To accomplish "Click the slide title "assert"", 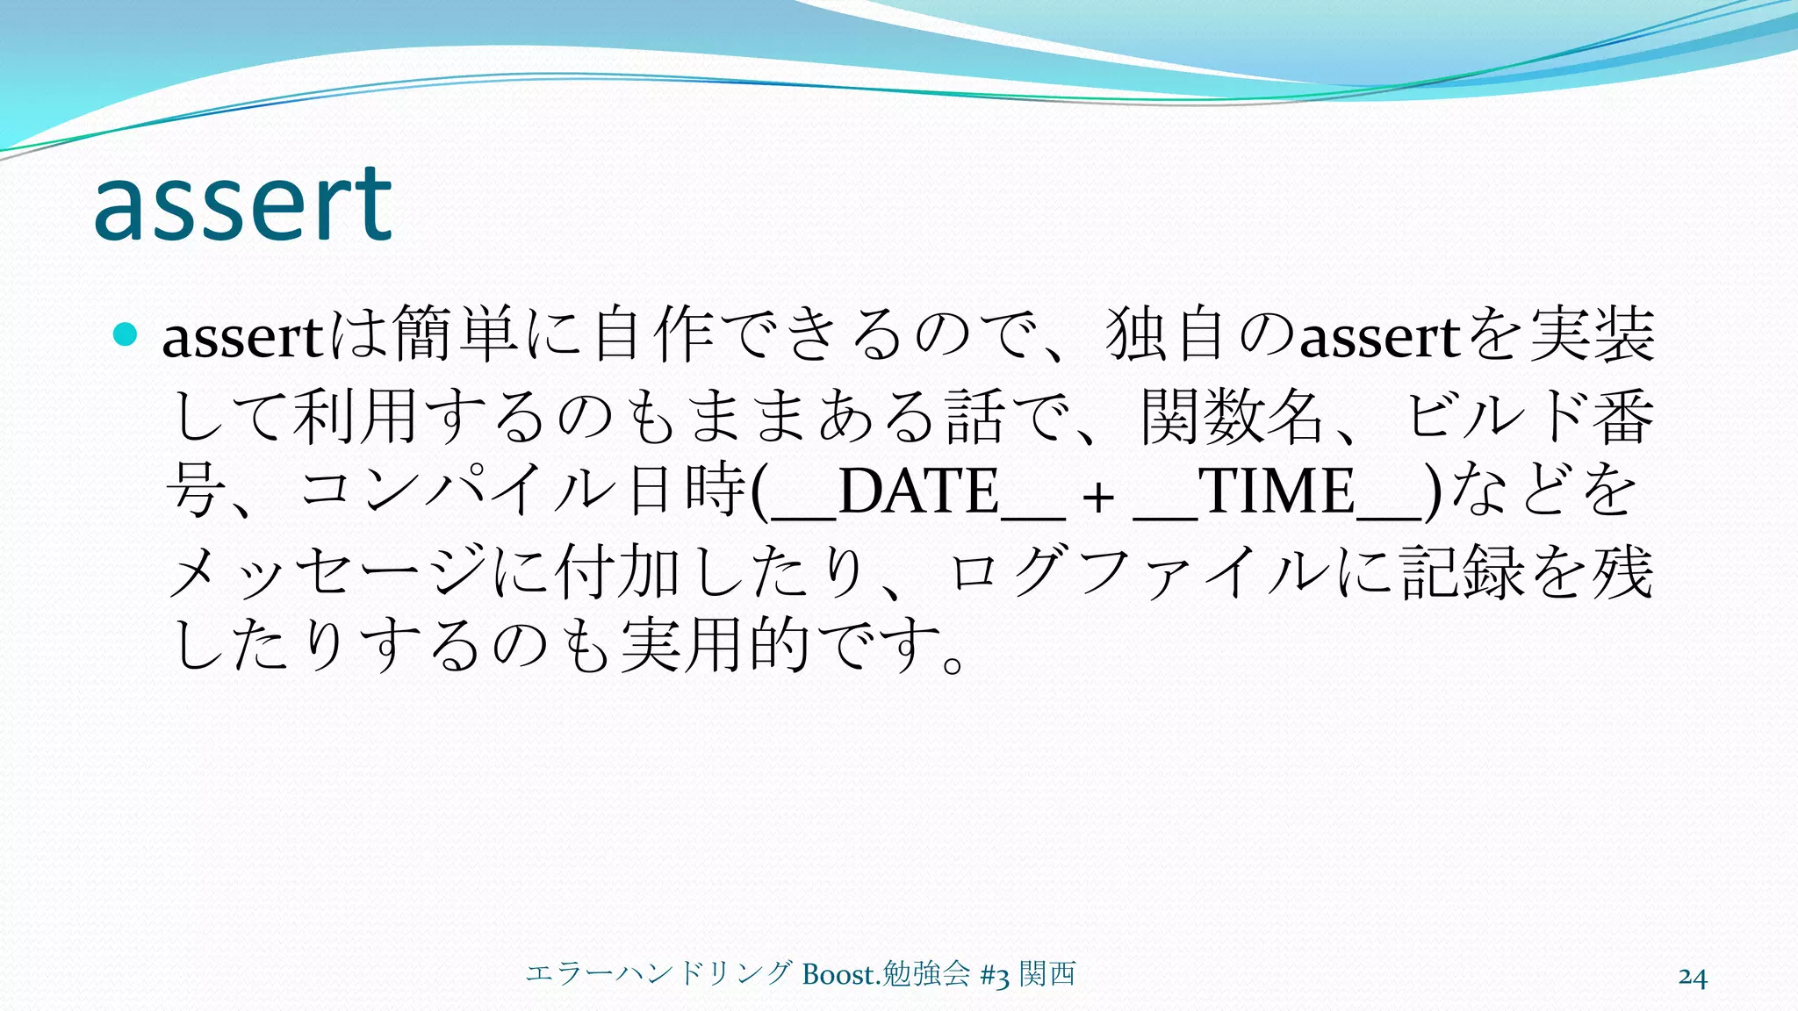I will pos(242,205).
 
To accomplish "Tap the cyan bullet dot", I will pos(126,334).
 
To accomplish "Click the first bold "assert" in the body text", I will pos(243,338).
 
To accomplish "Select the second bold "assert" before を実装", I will pos(1379,338).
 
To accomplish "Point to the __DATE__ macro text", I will pos(917,491).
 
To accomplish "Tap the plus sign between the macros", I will pos(1097,498).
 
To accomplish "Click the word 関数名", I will pos(1231,415).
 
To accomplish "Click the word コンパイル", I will pos(457,491).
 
